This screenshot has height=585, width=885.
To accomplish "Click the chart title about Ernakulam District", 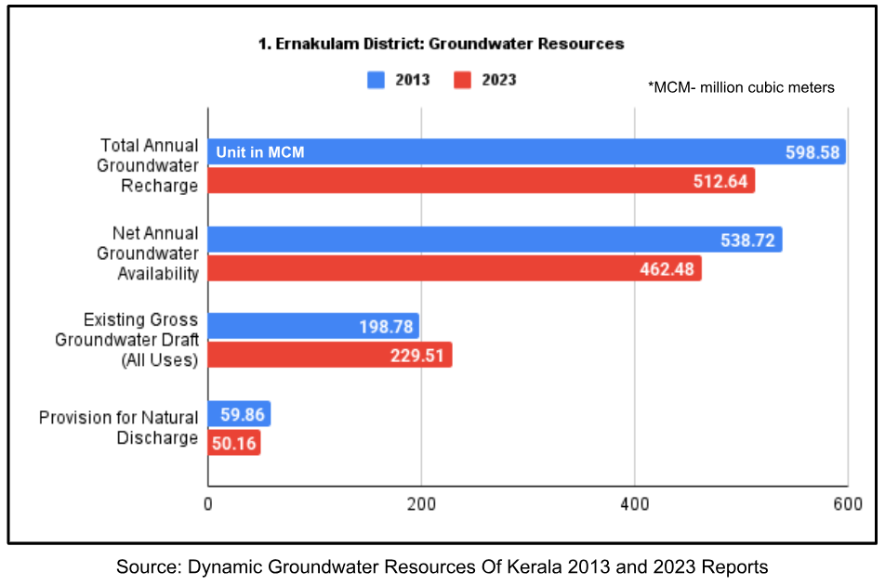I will click(x=442, y=44).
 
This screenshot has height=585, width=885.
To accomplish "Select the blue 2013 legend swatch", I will click(x=376, y=80).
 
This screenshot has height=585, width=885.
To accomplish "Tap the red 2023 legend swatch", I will click(x=463, y=80).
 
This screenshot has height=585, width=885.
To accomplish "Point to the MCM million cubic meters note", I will click(x=741, y=87).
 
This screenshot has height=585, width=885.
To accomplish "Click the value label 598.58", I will click(x=812, y=152).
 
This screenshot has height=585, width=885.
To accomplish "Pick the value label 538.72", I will click(x=748, y=240).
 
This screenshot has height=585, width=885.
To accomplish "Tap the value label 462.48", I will click(x=667, y=268).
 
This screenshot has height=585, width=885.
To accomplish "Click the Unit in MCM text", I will click(x=260, y=152).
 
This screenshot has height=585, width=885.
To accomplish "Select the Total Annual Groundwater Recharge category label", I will click(x=149, y=165).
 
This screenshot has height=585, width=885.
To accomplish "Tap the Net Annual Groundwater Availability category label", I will click(x=149, y=253).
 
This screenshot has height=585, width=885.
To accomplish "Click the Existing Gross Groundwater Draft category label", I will click(x=128, y=340).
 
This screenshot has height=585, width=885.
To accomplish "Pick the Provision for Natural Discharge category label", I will click(x=119, y=427).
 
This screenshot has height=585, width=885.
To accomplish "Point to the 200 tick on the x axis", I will click(x=421, y=503).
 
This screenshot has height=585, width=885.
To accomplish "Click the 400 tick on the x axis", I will click(x=634, y=503).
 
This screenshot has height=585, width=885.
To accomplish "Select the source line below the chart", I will click(x=442, y=566).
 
